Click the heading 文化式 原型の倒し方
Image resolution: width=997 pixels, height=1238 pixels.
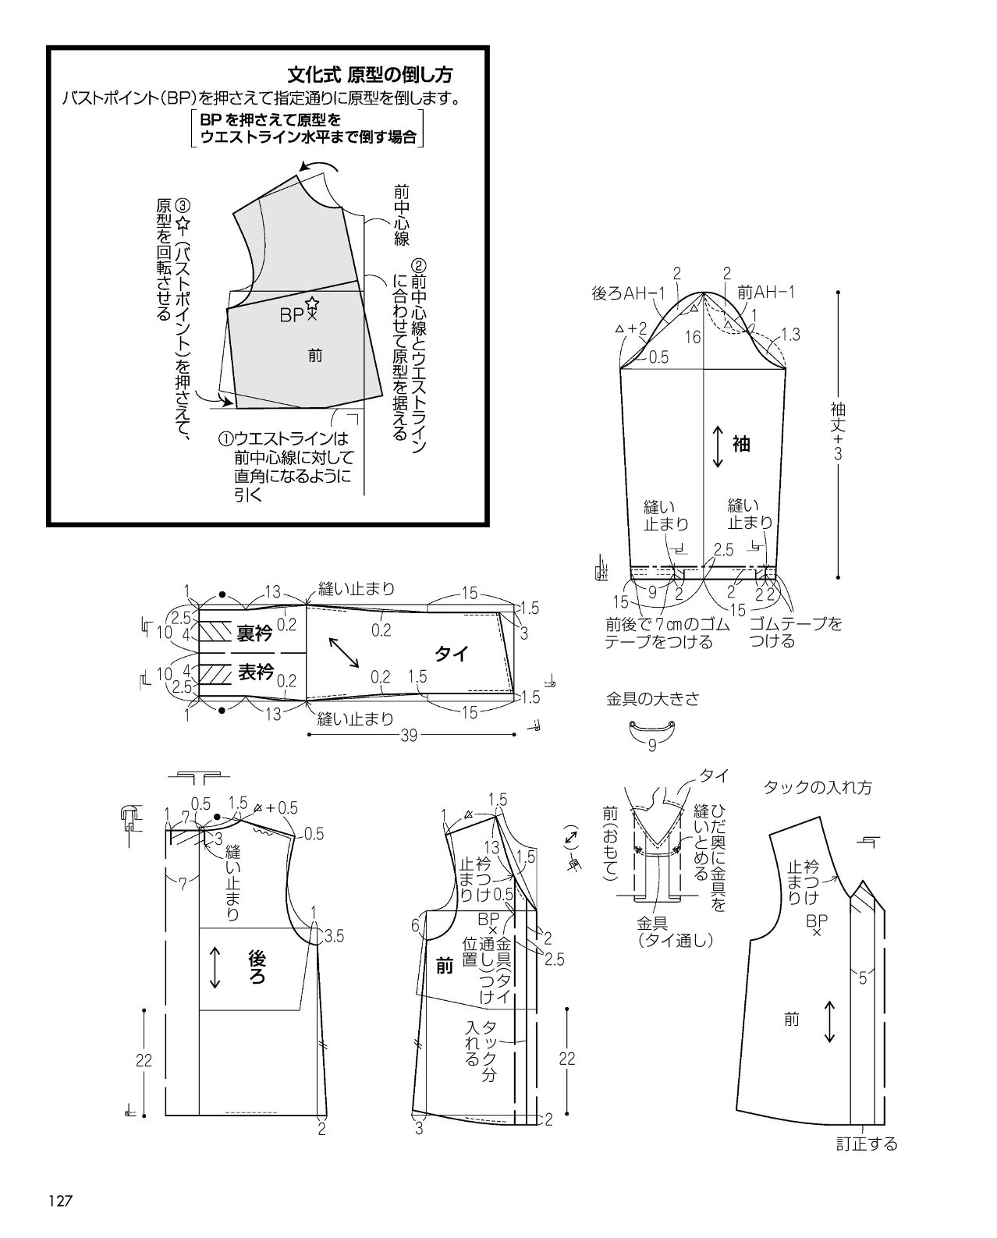click(x=370, y=74)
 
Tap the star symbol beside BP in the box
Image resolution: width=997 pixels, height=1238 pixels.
click(x=312, y=303)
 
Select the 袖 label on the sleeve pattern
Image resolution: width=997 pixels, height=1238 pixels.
click(x=742, y=444)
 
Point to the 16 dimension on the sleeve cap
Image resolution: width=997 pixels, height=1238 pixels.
click(x=693, y=337)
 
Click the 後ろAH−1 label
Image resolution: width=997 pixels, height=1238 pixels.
click(x=628, y=293)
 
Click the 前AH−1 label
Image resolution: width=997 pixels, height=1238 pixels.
click(x=765, y=293)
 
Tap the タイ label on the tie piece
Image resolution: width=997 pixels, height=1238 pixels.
click(x=452, y=654)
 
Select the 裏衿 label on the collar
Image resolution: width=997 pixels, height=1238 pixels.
click(x=255, y=634)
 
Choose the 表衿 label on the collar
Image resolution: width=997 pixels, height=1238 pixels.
click(x=256, y=672)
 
